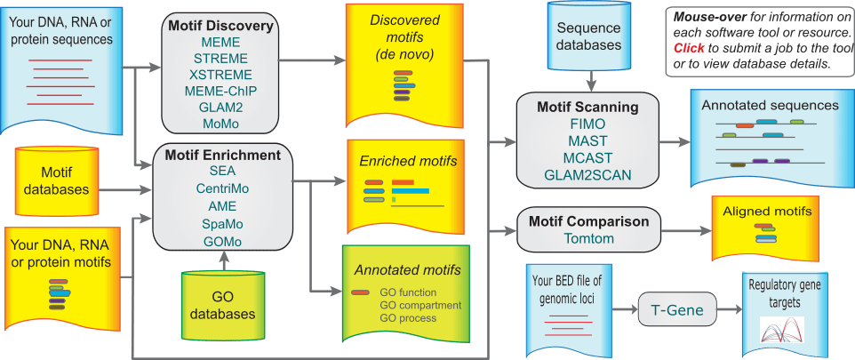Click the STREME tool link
tap(221, 59)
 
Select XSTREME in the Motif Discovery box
tap(221, 75)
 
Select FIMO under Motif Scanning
tap(587, 124)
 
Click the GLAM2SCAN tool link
tap(587, 176)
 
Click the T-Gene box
tap(678, 310)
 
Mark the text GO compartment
tap(420, 304)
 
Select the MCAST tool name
tap(587, 158)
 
